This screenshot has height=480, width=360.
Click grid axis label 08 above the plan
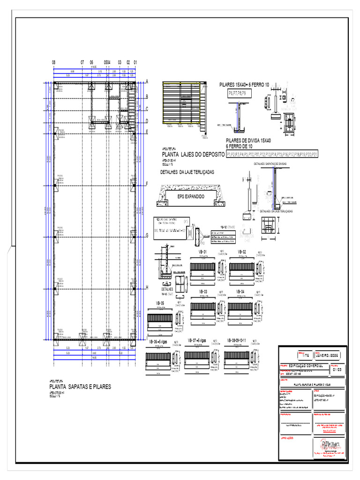(x=53, y=62)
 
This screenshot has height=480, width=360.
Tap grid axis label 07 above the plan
(x=82, y=62)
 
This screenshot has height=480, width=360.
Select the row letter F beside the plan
(x=147, y=184)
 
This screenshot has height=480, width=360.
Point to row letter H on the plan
(x=147, y=287)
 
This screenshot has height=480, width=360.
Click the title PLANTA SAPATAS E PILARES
(x=80, y=387)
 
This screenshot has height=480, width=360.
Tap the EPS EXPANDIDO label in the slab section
(x=191, y=196)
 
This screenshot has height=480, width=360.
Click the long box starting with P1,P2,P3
(x=272, y=154)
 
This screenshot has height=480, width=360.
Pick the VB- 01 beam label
(x=203, y=252)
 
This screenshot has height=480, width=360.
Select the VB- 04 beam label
(x=240, y=291)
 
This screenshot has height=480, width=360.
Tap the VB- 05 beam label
(x=159, y=303)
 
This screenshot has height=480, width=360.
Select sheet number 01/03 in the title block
(x=337, y=369)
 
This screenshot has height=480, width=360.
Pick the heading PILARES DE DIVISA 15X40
(x=248, y=140)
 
